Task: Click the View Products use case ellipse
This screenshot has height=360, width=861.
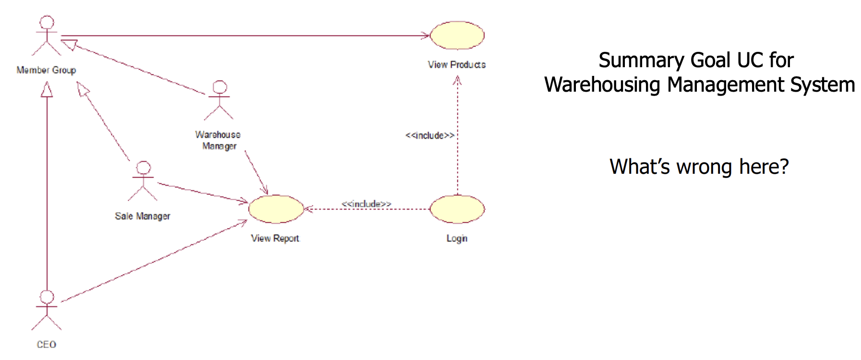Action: point(457,35)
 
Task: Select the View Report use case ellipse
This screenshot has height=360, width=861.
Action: point(276,209)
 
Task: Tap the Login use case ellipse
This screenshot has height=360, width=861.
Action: point(457,209)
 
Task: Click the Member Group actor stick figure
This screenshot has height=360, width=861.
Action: point(47,36)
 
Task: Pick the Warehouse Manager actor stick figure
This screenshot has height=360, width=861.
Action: point(219,100)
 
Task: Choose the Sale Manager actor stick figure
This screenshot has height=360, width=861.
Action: point(143,181)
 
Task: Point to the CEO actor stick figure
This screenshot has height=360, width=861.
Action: point(47,310)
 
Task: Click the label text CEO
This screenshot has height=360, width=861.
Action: point(47,345)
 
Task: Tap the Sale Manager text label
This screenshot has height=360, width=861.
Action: point(143,216)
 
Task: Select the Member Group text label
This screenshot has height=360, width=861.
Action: point(46,70)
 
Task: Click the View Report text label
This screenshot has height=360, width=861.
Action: point(275,238)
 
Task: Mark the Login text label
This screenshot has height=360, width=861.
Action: point(457,238)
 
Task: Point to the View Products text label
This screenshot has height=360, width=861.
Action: point(457,64)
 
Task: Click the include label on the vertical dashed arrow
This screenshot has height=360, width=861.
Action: point(430,135)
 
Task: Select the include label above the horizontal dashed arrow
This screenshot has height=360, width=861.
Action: point(366,204)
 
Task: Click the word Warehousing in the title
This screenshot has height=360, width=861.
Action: point(602,85)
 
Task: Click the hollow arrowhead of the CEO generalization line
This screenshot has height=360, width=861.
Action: point(47,89)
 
